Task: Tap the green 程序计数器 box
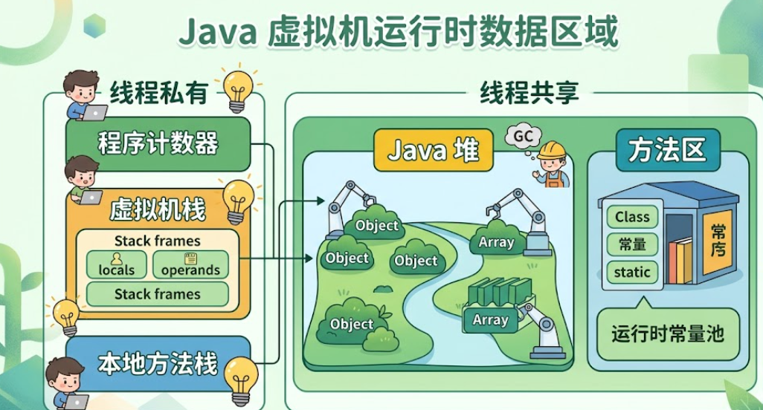click(x=158, y=143)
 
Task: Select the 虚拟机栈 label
click(x=158, y=210)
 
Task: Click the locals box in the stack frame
click(x=117, y=265)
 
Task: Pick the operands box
click(x=190, y=265)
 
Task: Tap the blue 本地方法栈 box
click(x=158, y=363)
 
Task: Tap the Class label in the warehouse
click(x=632, y=218)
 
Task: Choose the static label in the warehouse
click(x=632, y=272)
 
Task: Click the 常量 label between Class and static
click(x=632, y=244)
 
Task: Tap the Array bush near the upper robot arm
click(x=496, y=241)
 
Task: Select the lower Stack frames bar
click(x=158, y=294)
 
